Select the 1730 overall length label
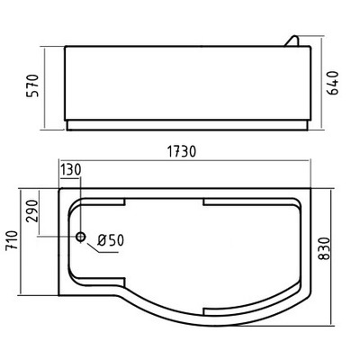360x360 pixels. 182,154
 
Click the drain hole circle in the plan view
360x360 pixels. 81,238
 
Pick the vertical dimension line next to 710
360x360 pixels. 23,240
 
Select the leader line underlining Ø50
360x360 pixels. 110,250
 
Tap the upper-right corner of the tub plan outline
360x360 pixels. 318,189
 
